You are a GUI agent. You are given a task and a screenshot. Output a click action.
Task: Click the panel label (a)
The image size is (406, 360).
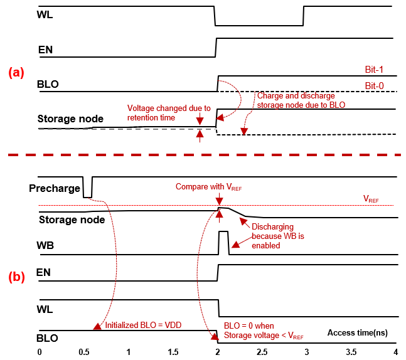(x=16, y=73)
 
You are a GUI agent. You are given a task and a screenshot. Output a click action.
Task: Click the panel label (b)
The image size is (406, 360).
(x=16, y=277)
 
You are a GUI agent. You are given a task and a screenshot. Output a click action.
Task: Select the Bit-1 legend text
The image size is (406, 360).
(x=374, y=70)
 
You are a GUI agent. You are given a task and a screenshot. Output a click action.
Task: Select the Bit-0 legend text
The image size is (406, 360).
(x=374, y=86)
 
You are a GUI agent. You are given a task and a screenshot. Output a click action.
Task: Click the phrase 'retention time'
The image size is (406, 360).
(x=151, y=117)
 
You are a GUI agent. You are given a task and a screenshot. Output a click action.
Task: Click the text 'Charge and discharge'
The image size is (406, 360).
(x=296, y=96)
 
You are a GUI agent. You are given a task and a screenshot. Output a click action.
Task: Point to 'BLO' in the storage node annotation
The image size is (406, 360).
(x=338, y=105)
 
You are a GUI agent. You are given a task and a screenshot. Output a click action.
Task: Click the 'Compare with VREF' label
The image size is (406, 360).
(x=208, y=187)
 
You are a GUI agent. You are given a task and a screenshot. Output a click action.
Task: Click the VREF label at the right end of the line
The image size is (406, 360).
(x=371, y=199)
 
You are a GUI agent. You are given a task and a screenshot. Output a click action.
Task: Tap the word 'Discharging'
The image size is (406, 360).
(x=272, y=227)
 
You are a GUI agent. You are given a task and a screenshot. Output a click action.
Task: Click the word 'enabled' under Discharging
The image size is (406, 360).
(x=266, y=246)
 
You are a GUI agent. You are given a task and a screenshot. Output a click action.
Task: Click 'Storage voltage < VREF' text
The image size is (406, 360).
(x=264, y=336)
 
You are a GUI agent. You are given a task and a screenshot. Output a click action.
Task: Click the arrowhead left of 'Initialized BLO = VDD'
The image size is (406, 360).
(x=97, y=325)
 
